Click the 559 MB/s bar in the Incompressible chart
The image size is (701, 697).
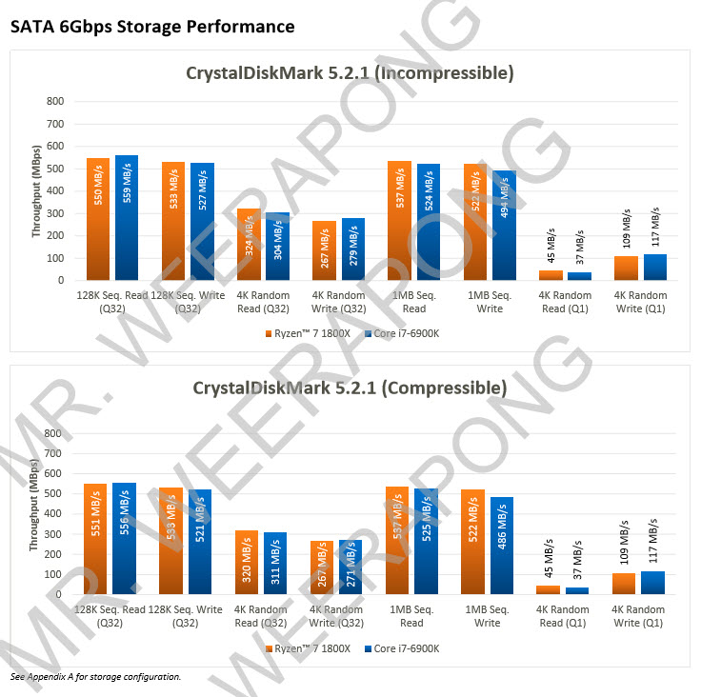pyautogui.click(x=127, y=218)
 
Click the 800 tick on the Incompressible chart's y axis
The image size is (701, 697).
pyautogui.click(x=55, y=101)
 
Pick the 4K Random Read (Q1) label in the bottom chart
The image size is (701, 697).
pyautogui.click(x=563, y=616)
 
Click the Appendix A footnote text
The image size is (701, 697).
pyautogui.click(x=95, y=676)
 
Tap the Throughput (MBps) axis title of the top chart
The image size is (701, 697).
pyautogui.click(x=36, y=190)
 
